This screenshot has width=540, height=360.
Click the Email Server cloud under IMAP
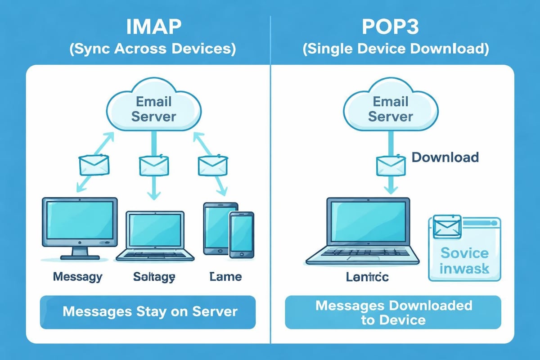click(154, 108)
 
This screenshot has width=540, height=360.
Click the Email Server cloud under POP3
click(390, 108)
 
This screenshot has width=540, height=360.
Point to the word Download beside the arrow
click(445, 157)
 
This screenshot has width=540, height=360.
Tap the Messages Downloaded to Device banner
click(393, 312)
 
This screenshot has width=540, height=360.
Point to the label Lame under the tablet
click(225, 276)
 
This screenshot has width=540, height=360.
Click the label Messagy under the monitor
click(77, 276)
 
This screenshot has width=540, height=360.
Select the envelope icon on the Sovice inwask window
click(445, 227)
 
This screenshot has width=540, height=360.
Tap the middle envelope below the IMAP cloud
click(154, 165)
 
